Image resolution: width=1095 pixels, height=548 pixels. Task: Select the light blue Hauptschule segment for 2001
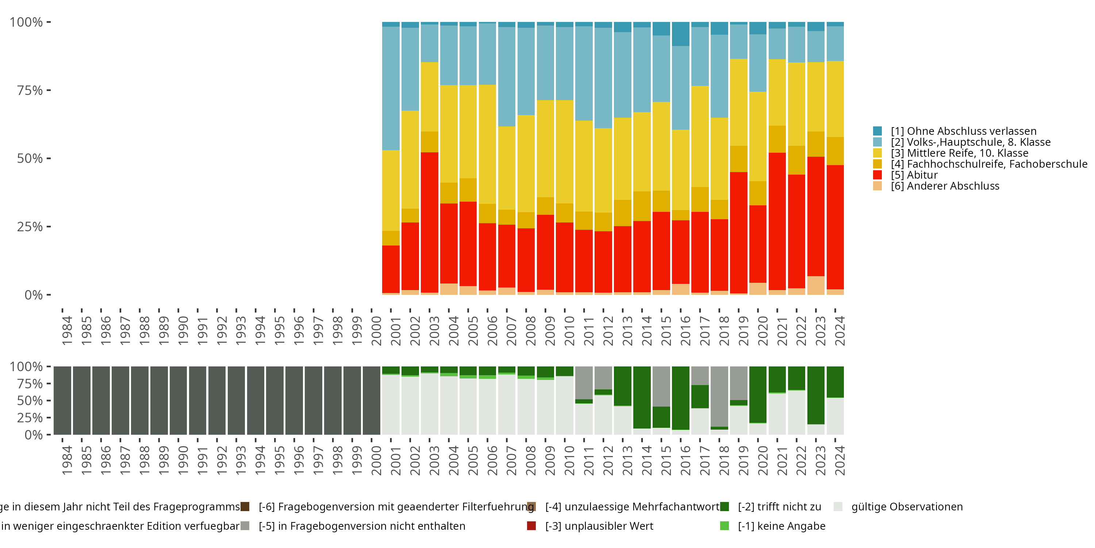click(391, 88)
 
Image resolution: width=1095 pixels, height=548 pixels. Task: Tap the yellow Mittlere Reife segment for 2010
click(565, 152)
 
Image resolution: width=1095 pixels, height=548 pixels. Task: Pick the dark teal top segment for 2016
click(681, 34)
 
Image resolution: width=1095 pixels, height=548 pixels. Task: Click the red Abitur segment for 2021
click(777, 221)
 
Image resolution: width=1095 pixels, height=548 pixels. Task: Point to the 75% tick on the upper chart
click(49, 90)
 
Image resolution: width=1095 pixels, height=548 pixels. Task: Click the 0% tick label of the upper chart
click(34, 295)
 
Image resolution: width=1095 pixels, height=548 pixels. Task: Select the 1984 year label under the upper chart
click(67, 331)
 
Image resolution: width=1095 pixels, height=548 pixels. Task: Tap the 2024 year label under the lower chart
click(839, 461)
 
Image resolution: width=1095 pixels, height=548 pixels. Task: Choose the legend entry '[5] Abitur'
click(914, 175)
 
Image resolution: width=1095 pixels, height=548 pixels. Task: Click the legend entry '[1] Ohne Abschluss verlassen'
click(964, 131)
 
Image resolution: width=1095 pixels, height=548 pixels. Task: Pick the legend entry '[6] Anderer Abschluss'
click(945, 186)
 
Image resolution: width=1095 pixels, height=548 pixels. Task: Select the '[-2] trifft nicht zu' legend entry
click(779, 507)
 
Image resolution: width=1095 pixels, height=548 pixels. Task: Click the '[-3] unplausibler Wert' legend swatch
click(531, 526)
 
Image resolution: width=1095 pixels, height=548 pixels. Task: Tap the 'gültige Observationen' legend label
click(907, 507)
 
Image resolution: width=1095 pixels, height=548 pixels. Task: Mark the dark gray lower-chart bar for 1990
click(178, 400)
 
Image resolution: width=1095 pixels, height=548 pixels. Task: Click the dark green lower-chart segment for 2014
click(642, 397)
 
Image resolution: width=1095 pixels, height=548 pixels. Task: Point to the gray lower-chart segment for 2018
click(719, 396)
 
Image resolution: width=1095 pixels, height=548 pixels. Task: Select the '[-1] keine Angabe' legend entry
click(781, 526)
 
